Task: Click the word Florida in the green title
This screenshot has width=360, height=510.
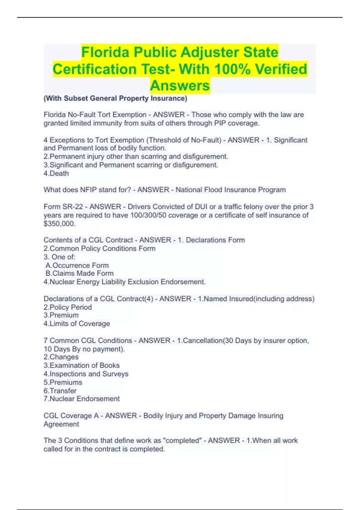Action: pyautogui.click(x=105, y=52)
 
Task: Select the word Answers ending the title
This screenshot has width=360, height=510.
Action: pyautogui.click(x=180, y=85)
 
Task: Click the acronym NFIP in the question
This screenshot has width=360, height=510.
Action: pyautogui.click(x=88, y=190)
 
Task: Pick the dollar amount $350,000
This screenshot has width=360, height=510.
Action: pyautogui.click(x=59, y=223)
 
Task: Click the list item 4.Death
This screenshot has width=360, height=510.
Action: pyautogui.click(x=56, y=173)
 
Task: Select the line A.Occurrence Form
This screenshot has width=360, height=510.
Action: pyautogui.click(x=77, y=265)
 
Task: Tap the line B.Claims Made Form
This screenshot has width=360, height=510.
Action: pyautogui.click(x=79, y=273)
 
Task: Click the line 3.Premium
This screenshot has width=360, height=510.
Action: pyautogui.click(x=61, y=315)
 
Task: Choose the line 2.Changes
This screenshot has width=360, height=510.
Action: pyautogui.click(x=61, y=357)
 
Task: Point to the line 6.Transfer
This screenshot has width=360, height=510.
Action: pyautogui.click(x=60, y=391)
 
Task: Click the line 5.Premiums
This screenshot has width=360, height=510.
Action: pyautogui.click(x=63, y=382)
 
